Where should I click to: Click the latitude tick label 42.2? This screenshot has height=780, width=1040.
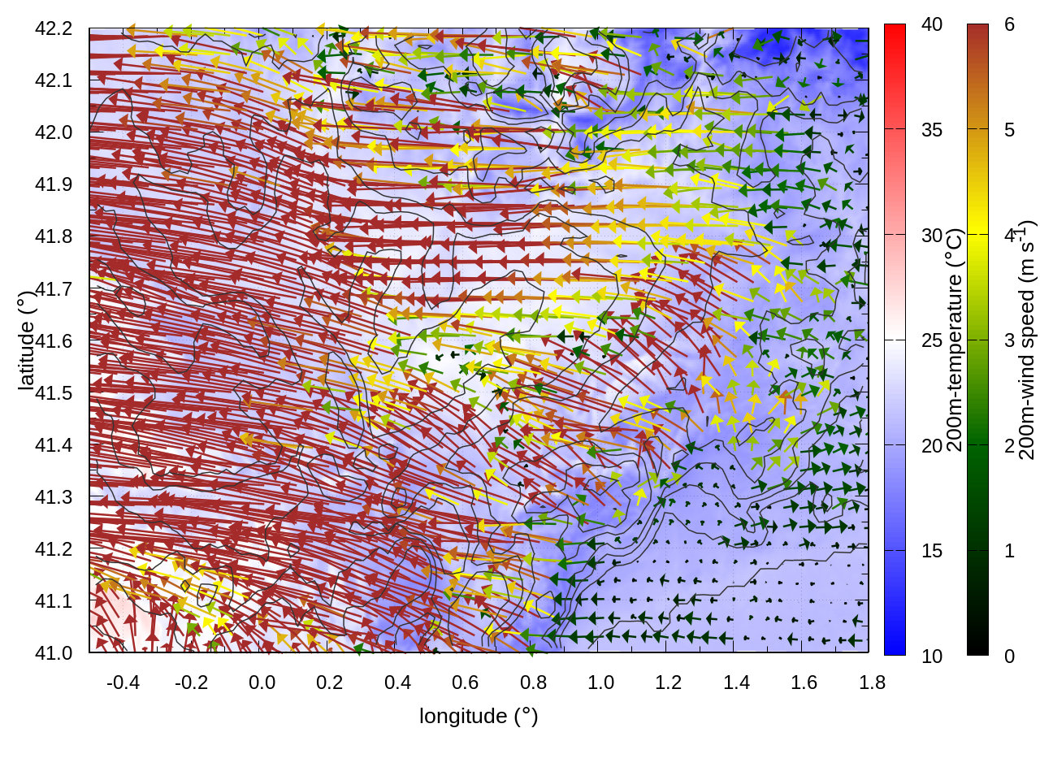pyautogui.click(x=54, y=28)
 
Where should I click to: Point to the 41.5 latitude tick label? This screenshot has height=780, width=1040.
pyautogui.click(x=54, y=393)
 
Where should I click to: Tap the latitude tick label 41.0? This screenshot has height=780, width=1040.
pyautogui.click(x=54, y=653)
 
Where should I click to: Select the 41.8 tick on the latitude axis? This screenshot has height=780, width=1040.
pyautogui.click(x=54, y=236)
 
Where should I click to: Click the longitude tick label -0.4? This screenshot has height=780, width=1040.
pyautogui.click(x=123, y=682)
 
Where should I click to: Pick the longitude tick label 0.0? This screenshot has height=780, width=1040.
pyautogui.click(x=262, y=682)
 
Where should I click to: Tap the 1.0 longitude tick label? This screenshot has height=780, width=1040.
pyautogui.click(x=600, y=682)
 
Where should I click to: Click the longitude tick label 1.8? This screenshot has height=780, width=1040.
pyautogui.click(x=872, y=682)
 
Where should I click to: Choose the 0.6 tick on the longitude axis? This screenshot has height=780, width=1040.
pyautogui.click(x=465, y=682)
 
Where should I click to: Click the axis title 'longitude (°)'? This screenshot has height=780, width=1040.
pyautogui.click(x=479, y=716)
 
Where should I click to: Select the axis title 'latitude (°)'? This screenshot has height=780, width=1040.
pyautogui.click(x=26, y=340)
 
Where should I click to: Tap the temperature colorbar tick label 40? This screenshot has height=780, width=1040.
pyautogui.click(x=932, y=25)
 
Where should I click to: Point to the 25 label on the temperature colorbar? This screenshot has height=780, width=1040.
pyautogui.click(x=932, y=340)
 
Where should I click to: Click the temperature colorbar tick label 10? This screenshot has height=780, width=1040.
pyautogui.click(x=932, y=656)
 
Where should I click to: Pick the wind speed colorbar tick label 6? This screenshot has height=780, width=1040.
pyautogui.click(x=1009, y=25)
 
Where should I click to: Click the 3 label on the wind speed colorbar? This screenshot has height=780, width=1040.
pyautogui.click(x=1009, y=340)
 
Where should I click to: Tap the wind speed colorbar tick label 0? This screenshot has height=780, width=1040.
pyautogui.click(x=1009, y=656)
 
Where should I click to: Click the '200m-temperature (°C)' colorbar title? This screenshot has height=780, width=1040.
pyautogui.click(x=955, y=340)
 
